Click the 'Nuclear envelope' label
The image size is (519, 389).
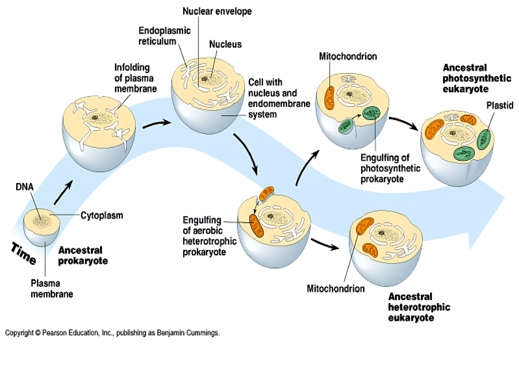(x=217, y=11)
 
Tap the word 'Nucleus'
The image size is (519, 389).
(x=225, y=45)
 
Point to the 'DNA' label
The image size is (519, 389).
(x=24, y=187)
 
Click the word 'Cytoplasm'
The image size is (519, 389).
(x=102, y=216)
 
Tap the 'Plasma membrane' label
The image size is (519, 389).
(x=51, y=289)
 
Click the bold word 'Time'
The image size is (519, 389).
(x=24, y=254)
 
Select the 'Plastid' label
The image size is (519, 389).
(x=499, y=105)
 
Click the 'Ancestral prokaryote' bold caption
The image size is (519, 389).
(x=83, y=256)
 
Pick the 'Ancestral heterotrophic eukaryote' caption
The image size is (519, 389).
(x=419, y=307)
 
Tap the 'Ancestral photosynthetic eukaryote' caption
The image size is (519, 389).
(x=476, y=78)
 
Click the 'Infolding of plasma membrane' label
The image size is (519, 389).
(x=135, y=78)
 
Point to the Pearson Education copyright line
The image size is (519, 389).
(x=112, y=333)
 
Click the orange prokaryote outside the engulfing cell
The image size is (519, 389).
(x=266, y=193)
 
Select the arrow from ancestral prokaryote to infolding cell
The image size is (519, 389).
(x=63, y=192)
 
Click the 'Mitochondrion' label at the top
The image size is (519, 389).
(x=348, y=56)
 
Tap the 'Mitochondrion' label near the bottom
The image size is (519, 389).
(x=336, y=289)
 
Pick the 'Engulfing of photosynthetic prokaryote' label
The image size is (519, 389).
(x=390, y=168)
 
